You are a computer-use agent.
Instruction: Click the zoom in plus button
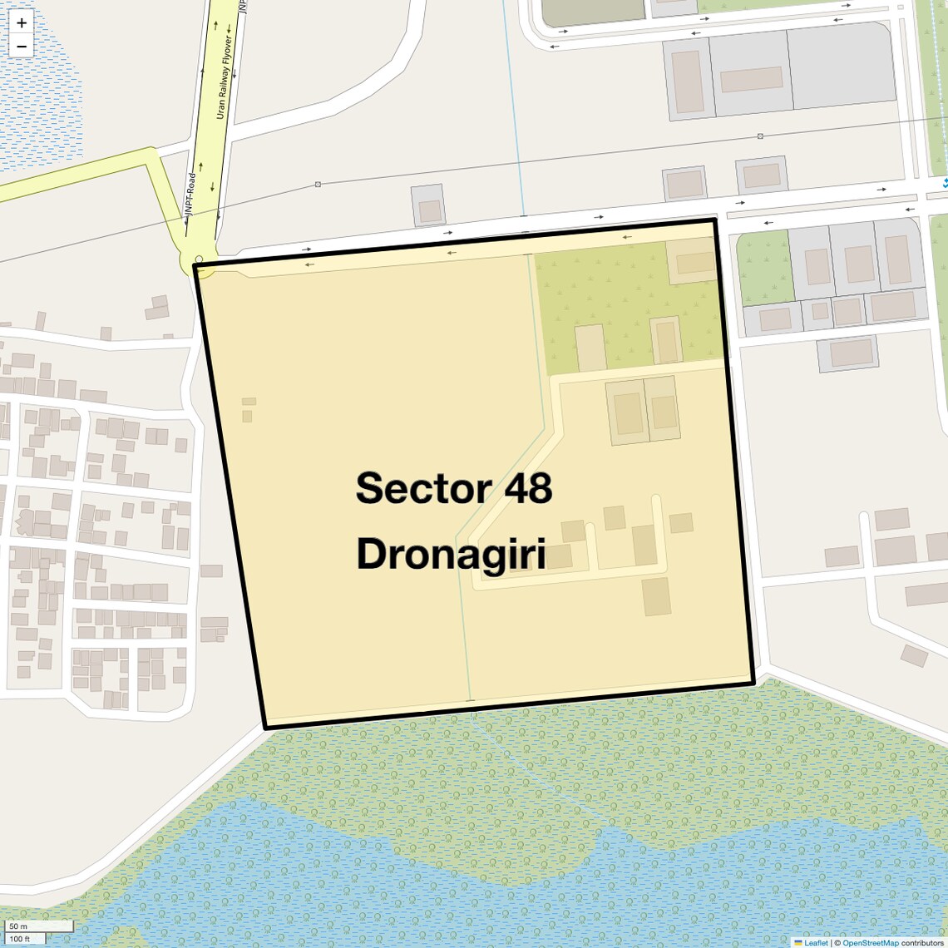[x=22, y=23]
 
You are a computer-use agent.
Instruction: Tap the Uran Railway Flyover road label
[x=224, y=77]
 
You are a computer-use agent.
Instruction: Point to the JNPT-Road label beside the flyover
[x=190, y=194]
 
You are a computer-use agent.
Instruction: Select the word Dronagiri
[x=451, y=554]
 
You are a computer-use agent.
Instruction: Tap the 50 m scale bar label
[x=18, y=926]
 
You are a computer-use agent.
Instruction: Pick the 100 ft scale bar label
[x=20, y=939]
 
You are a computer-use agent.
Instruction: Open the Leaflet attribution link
[x=815, y=943]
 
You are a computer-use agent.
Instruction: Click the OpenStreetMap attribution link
[x=870, y=943]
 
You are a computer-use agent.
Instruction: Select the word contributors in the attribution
[x=922, y=943]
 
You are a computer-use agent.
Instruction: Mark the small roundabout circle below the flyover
[x=199, y=259]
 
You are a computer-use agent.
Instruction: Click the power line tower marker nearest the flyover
[x=318, y=184]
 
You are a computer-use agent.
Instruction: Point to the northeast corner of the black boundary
[x=715, y=220]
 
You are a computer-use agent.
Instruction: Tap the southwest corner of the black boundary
[x=265, y=728]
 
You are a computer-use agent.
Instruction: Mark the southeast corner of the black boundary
[x=753, y=683]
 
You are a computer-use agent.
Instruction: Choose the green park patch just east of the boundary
[x=764, y=268]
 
